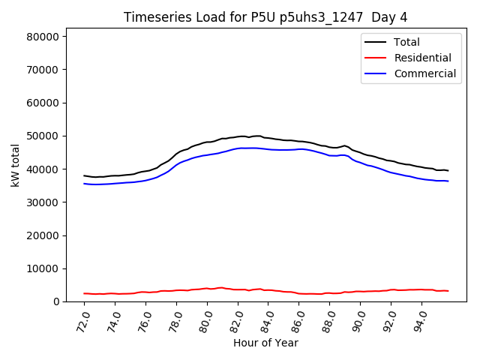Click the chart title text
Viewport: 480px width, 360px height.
pos(266,17)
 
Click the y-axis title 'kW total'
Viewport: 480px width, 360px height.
pos(15,165)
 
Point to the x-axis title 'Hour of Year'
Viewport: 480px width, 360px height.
pos(266,343)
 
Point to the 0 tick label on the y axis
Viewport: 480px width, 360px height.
pos(57,301)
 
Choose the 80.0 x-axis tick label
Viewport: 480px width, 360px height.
pos(204,319)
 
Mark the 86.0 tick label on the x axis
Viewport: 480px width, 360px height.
pos(295,319)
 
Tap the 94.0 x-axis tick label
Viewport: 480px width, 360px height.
pos(418,319)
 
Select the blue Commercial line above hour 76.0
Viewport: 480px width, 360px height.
pos(146,180)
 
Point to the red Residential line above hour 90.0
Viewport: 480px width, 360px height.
pos(360,292)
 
